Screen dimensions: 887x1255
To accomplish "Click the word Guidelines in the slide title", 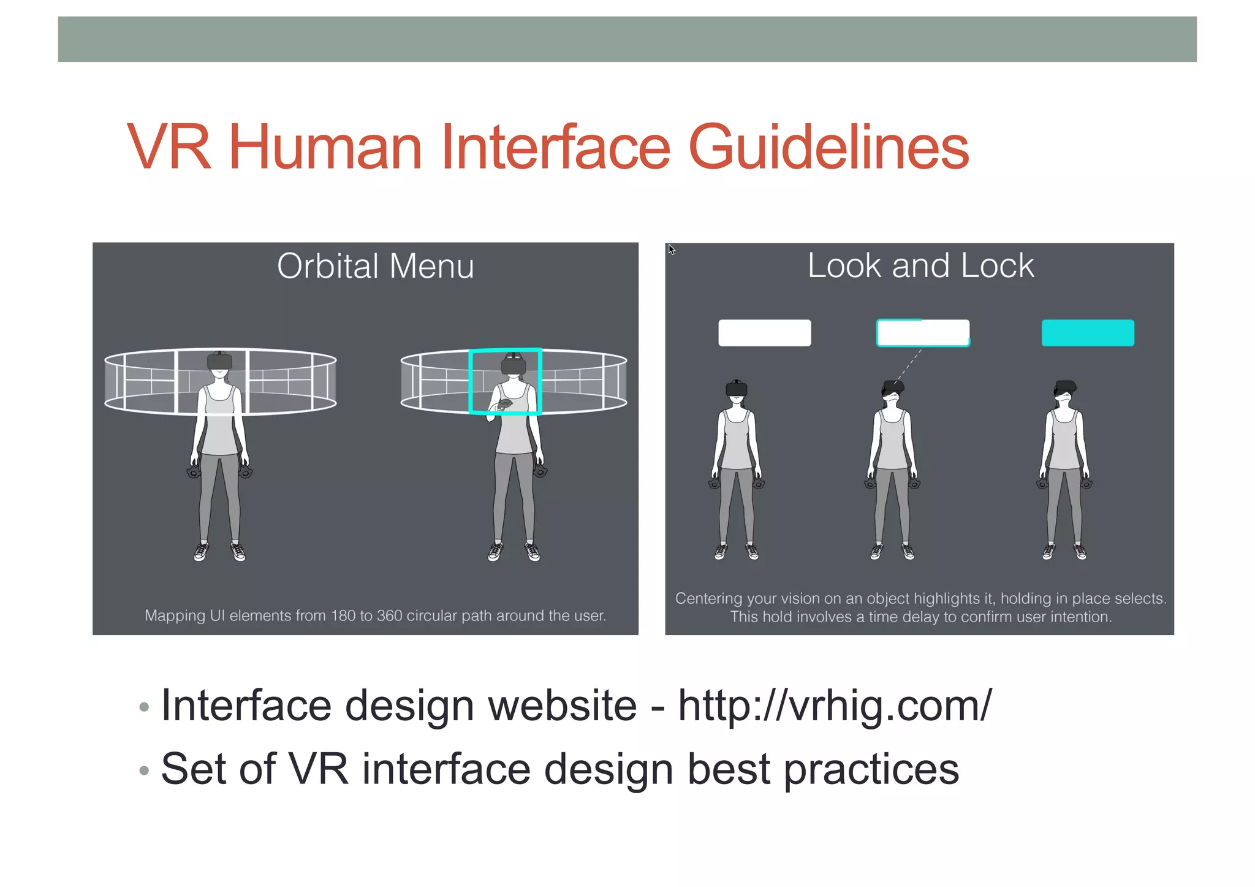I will click(828, 147).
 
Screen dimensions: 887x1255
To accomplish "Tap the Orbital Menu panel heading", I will click(375, 266).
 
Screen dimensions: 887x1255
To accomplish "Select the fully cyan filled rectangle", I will click(1088, 333).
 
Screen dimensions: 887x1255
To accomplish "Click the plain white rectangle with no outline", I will click(764, 333).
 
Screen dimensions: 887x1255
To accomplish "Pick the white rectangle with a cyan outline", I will click(923, 333).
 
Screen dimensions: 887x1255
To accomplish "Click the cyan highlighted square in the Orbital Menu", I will click(505, 381).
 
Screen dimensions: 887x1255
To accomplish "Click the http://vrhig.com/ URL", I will click(835, 706).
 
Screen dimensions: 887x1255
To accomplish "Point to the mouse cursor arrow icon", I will click(672, 249).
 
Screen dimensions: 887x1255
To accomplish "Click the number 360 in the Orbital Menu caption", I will click(389, 615).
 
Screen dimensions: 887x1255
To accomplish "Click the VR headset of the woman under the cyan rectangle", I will click(1066, 387).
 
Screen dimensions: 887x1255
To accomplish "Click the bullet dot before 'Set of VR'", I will click(144, 770).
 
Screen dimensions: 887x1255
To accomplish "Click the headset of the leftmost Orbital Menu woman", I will click(219, 361).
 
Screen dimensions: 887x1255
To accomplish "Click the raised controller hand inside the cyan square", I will click(504, 405).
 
